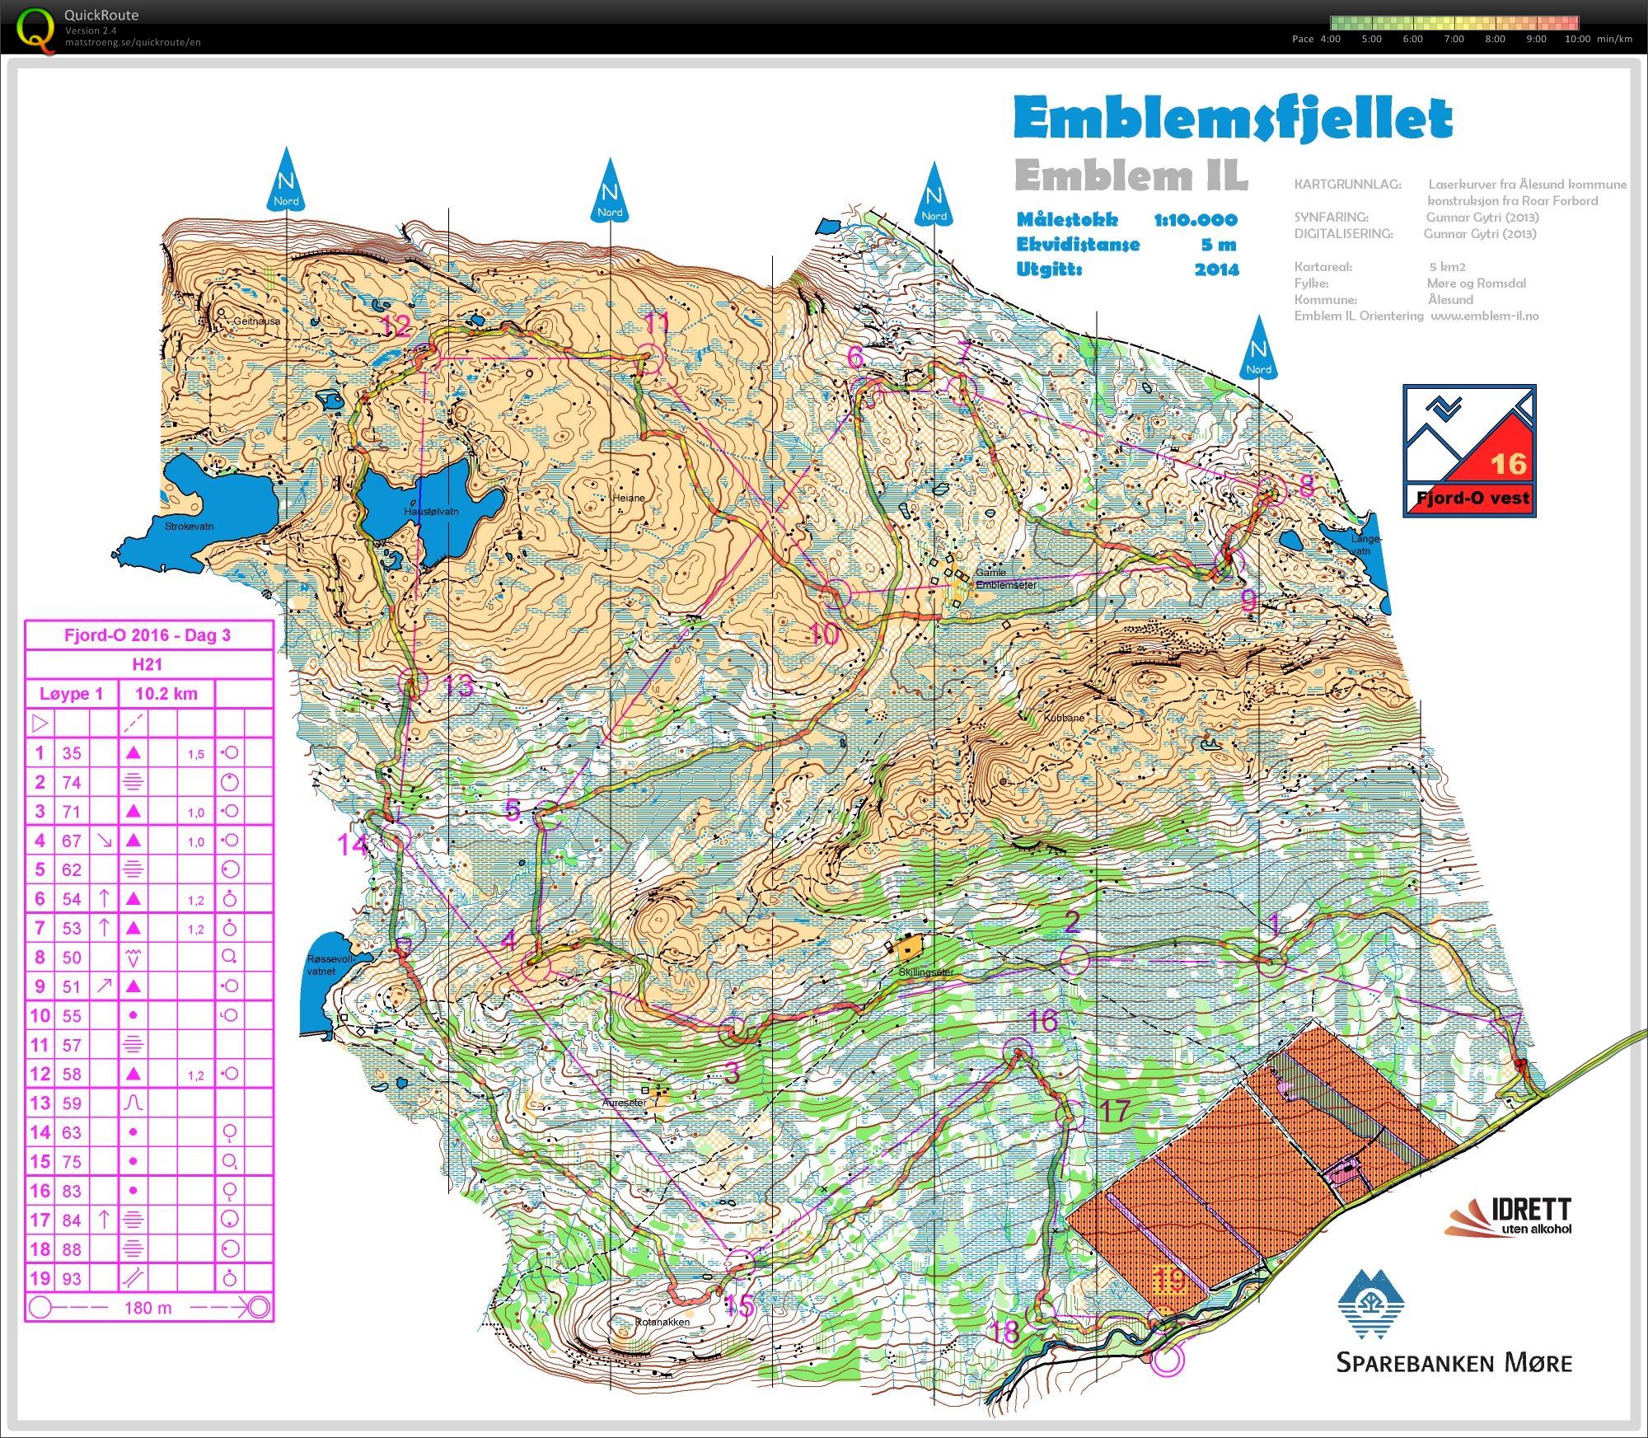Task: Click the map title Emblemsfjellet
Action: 1232,119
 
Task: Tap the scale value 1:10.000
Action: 1195,220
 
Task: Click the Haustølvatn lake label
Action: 431,511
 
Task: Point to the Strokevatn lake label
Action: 189,526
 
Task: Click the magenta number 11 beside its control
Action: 657,323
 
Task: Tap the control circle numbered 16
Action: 1018,1052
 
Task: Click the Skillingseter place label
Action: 925,972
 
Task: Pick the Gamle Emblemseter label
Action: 1005,578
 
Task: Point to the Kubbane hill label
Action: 1064,718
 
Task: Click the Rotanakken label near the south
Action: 662,1323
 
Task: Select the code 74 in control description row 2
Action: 72,782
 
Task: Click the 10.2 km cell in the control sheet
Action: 166,694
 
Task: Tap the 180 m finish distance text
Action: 148,1308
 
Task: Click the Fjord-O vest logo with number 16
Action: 1469,451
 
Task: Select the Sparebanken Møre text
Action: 1454,1362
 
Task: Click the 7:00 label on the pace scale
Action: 1454,39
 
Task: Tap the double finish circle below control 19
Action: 1166,1360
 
